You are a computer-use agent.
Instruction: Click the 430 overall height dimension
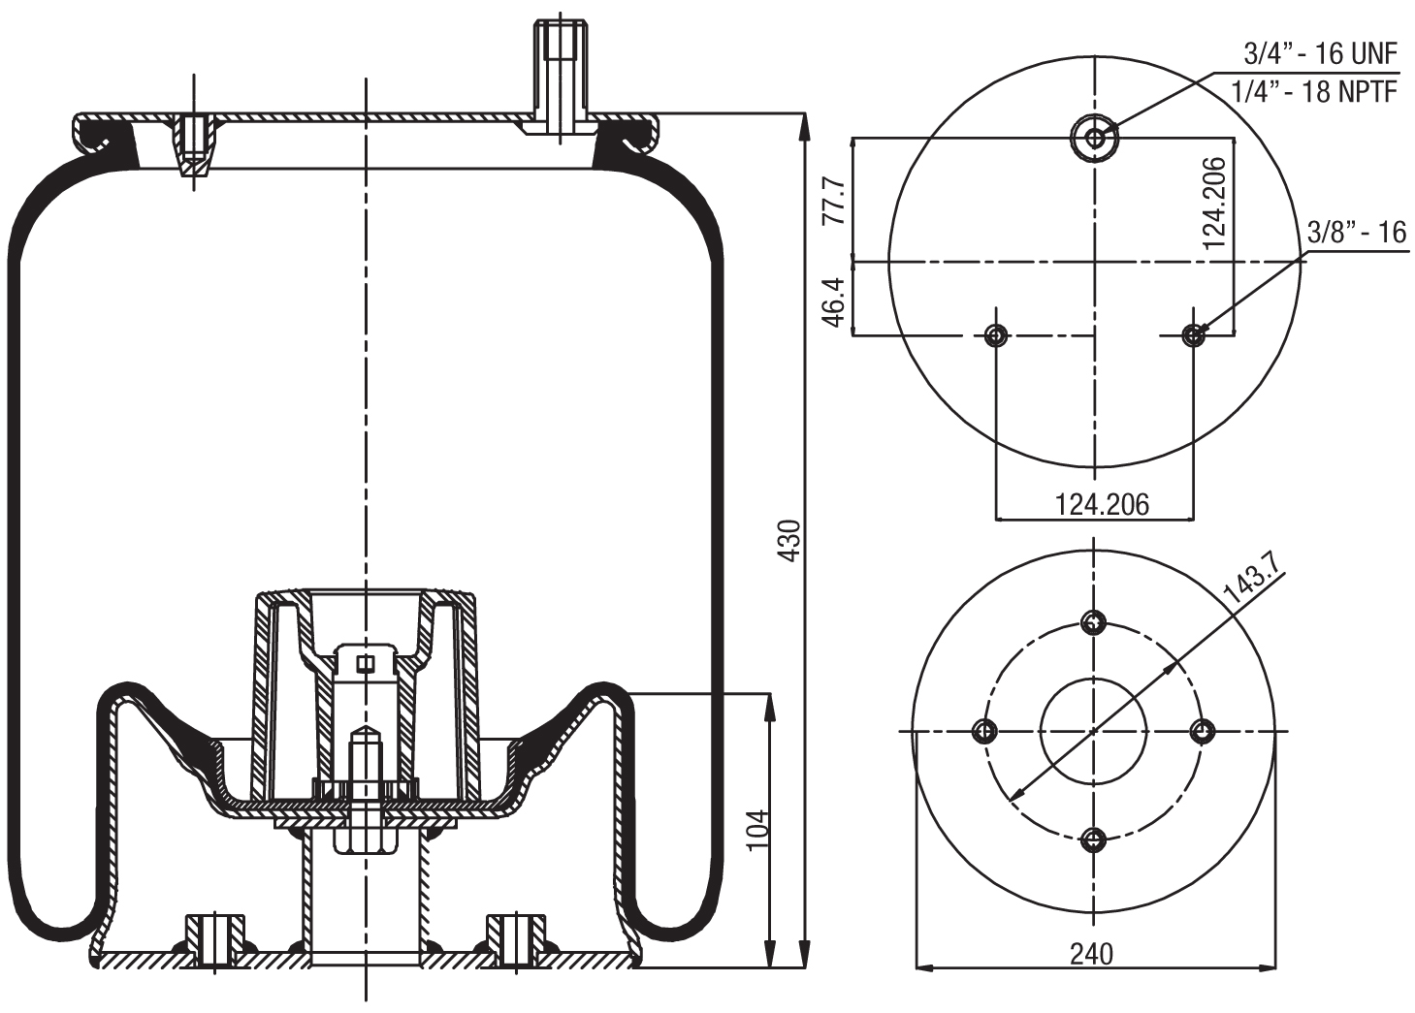point(790,540)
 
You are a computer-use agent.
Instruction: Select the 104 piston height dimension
point(758,829)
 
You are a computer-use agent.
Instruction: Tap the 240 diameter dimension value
point(1091,954)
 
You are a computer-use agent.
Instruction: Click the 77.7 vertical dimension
point(833,201)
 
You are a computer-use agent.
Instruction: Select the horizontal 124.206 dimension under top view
point(1101,504)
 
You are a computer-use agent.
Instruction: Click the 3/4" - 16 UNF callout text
point(1320,54)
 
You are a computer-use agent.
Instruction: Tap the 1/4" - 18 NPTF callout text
point(1313,91)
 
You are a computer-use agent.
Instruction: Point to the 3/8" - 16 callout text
point(1356,233)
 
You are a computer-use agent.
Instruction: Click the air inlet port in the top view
point(1095,138)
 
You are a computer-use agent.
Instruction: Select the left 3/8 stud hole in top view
point(995,335)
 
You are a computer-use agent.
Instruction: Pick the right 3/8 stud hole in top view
point(1194,335)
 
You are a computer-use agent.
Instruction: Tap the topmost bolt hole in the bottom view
point(1094,622)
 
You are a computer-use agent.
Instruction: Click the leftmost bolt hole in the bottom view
point(985,731)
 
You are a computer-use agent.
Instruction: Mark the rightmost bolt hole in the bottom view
point(1203,731)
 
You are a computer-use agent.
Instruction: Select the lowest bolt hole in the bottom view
point(1094,839)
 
